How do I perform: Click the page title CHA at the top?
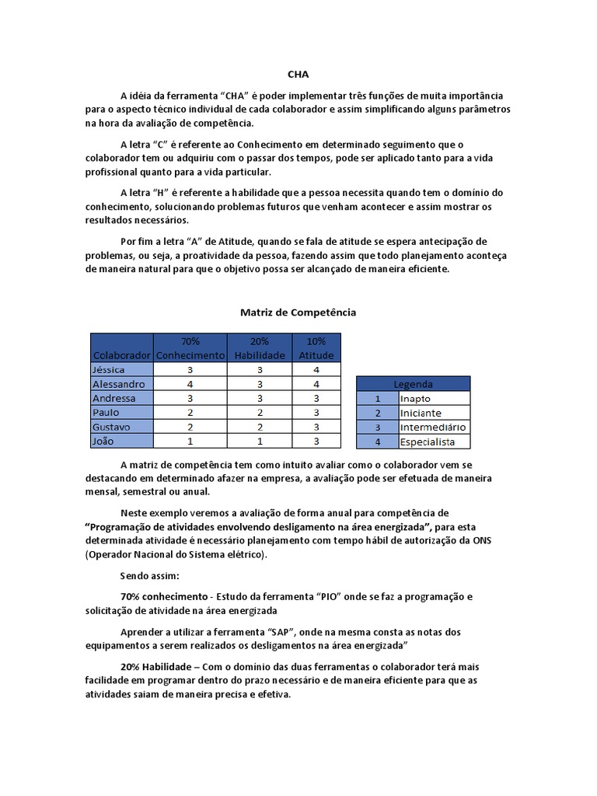[298, 75]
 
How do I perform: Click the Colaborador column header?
[122, 354]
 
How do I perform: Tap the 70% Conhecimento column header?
[190, 347]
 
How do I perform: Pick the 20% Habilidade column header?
[259, 347]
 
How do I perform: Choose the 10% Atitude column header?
[316, 347]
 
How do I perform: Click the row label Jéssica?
[109, 370]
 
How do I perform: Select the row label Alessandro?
[118, 384]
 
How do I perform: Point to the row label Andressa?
[113, 398]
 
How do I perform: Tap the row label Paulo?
[106, 413]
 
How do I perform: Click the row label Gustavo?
[111, 427]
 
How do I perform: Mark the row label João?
[104, 442]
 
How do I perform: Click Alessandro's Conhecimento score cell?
[190, 384]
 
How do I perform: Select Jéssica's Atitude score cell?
[316, 370]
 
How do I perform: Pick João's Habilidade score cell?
[259, 442]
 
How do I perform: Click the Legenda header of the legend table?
[414, 384]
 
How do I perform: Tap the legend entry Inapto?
[415, 398]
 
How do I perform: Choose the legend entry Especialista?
[426, 442]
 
